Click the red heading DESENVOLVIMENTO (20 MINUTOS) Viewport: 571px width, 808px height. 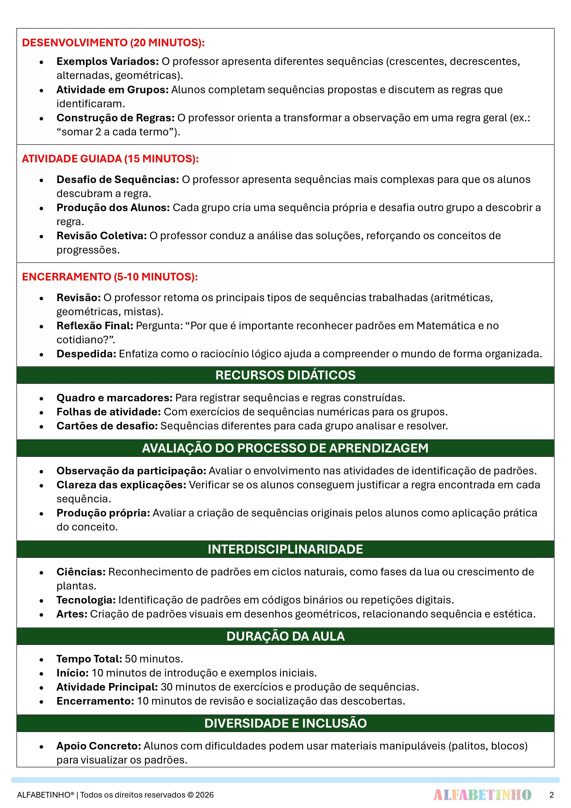(x=113, y=43)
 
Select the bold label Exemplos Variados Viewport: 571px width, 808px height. (x=107, y=61)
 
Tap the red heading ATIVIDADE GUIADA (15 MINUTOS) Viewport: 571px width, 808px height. (x=110, y=159)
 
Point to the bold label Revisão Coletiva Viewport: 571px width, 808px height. (x=101, y=236)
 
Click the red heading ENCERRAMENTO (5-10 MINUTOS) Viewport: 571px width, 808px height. (x=110, y=277)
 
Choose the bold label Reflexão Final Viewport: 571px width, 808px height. (x=95, y=326)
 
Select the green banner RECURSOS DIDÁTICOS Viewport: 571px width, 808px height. (x=285, y=375)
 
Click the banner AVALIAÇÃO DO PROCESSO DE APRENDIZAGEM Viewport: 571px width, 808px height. (x=285, y=448)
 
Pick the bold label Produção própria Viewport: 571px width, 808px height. (x=103, y=513)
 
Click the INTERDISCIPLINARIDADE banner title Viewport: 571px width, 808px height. (x=285, y=549)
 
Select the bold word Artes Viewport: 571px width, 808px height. (x=72, y=614)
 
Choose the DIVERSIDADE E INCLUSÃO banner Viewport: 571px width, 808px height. (x=285, y=723)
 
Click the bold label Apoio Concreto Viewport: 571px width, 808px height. (x=99, y=746)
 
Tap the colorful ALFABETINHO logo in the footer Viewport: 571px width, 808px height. (x=482, y=795)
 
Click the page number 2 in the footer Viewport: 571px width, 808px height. (x=551, y=795)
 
